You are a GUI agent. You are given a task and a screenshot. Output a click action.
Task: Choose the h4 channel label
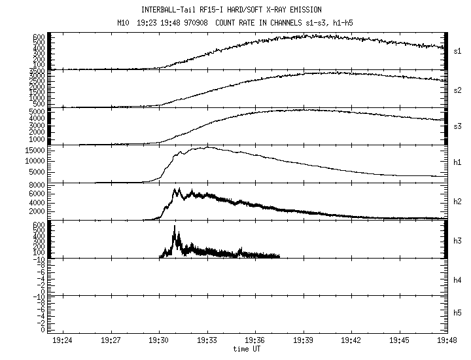[458, 280]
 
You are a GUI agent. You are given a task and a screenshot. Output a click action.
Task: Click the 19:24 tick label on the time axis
[62, 341]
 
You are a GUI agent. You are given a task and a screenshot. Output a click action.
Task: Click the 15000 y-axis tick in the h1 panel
[34, 151]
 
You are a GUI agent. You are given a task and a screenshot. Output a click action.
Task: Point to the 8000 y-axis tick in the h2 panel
[37, 185]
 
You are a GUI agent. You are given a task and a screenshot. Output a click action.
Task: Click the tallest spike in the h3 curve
[175, 226]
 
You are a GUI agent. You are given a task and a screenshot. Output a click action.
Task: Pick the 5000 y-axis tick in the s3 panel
[37, 112]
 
